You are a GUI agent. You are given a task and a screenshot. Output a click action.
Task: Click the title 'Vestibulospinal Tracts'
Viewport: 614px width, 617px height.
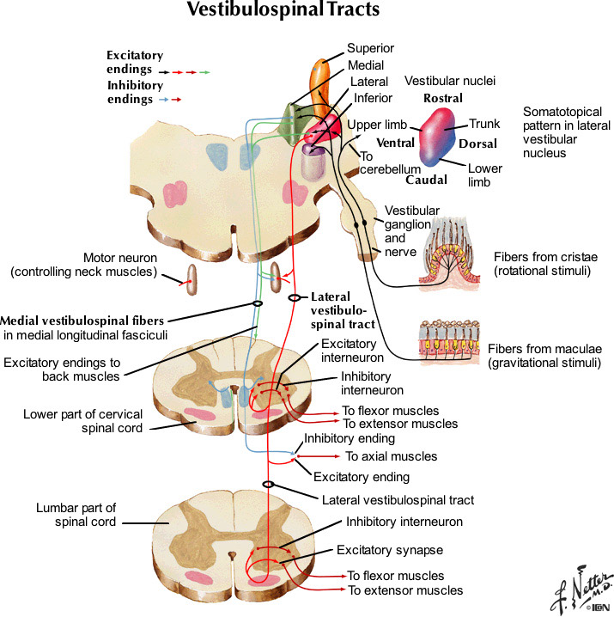point(283,12)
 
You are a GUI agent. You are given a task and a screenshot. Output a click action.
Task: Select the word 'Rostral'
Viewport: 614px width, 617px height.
point(443,99)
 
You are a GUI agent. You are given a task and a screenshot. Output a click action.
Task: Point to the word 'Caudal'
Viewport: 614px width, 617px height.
point(426,180)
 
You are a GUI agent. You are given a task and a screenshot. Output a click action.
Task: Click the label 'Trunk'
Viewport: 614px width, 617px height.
point(484,125)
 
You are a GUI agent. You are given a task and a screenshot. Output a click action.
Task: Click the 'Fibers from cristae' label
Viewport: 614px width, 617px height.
point(544,263)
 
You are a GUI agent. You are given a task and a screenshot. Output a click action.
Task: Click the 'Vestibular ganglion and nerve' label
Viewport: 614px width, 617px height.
point(411,231)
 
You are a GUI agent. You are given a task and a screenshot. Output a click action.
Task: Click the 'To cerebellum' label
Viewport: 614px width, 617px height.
point(390,162)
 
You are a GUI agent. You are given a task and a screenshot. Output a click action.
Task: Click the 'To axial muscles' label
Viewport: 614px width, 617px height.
point(391,456)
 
